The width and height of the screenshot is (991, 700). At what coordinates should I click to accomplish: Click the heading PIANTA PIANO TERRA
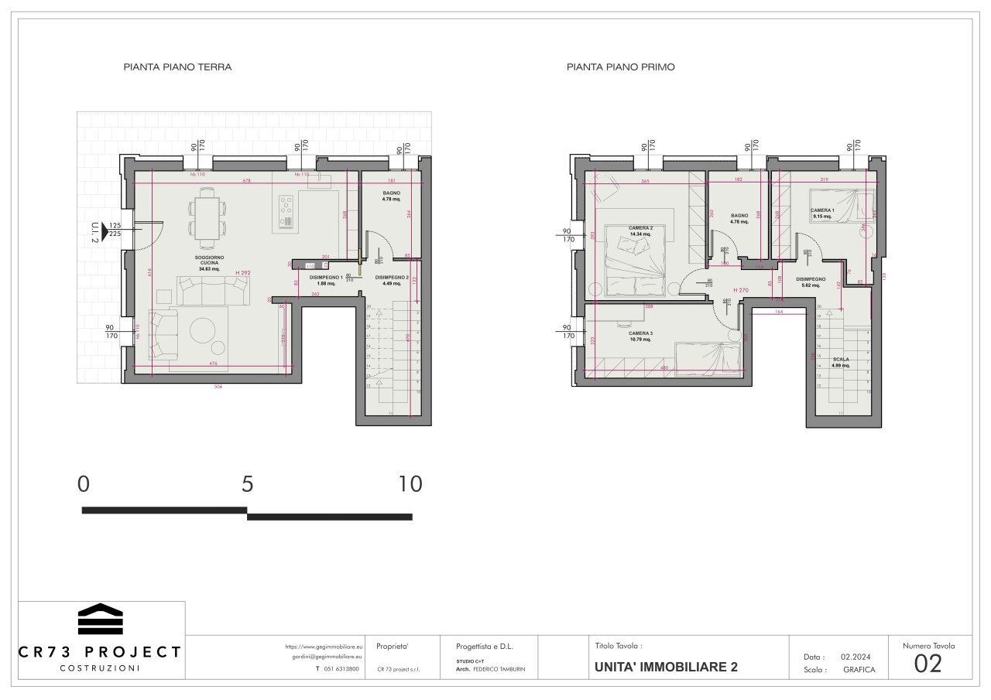pyautogui.click(x=177, y=67)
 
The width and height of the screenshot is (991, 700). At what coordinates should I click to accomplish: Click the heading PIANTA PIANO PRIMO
pyautogui.click(x=620, y=67)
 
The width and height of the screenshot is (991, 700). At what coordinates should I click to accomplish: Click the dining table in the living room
pyautogui.click(x=207, y=219)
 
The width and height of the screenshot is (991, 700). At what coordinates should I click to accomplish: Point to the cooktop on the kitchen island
pyautogui.click(x=286, y=207)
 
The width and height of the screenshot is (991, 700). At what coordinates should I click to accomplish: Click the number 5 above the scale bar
pyautogui.click(x=247, y=484)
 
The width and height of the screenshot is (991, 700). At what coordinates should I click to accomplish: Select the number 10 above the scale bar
pyautogui.click(x=410, y=484)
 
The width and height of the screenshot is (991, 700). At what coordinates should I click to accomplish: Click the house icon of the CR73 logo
pyautogui.click(x=100, y=619)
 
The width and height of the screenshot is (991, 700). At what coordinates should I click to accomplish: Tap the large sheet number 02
pyautogui.click(x=928, y=664)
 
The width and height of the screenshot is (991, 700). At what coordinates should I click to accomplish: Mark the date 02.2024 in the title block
pyautogui.click(x=857, y=656)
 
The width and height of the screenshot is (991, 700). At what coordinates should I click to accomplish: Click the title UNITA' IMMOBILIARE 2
pyautogui.click(x=666, y=667)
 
